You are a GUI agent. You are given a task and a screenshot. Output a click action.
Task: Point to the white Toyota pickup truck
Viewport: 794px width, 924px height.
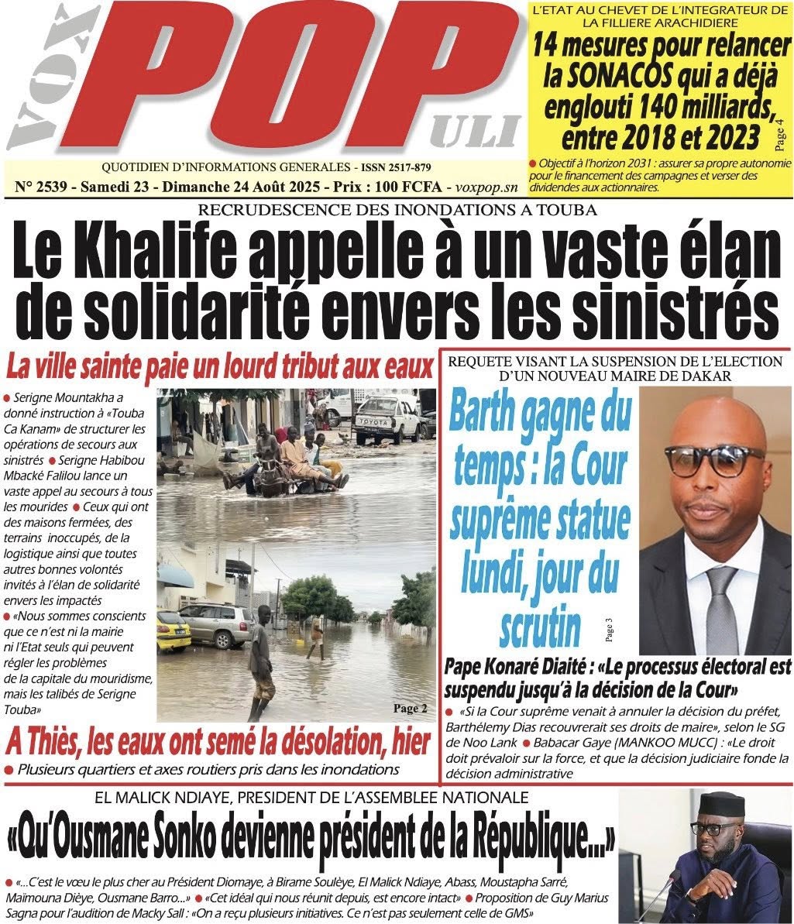(x=387, y=418)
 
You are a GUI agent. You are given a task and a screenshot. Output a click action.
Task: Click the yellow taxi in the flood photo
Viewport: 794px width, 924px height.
(x=173, y=630)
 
